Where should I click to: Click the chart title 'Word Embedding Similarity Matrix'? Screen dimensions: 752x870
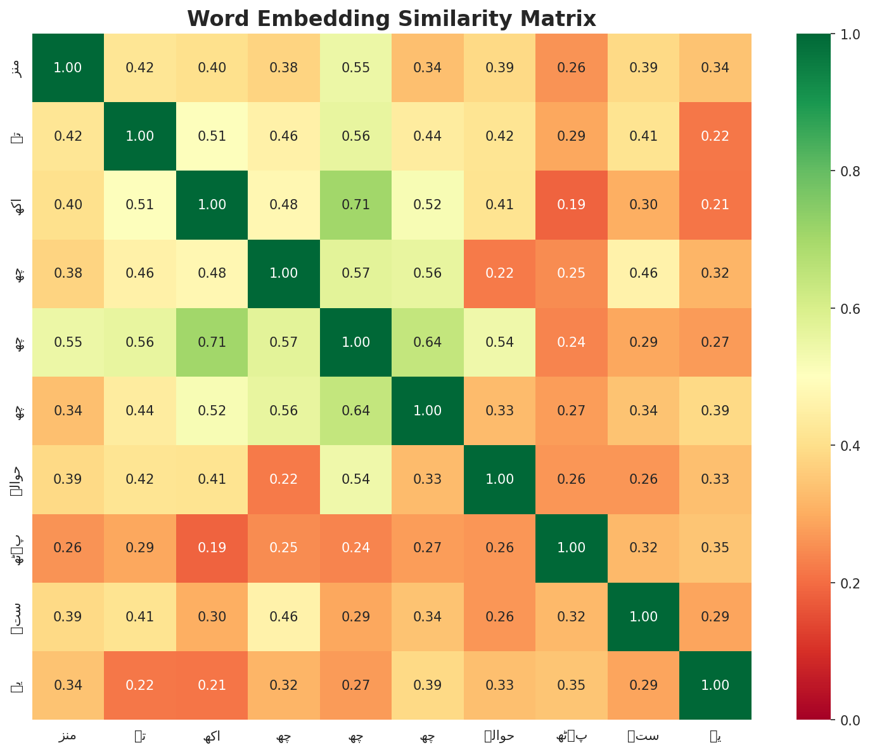tap(392, 19)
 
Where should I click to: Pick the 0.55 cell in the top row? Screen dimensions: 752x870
tap(355, 68)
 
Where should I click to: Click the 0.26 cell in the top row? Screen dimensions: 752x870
tap(572, 68)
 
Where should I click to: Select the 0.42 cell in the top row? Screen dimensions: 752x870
tap(140, 68)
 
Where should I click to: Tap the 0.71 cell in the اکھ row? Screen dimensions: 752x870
tap(355, 205)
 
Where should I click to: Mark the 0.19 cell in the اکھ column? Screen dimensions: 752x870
tap(212, 548)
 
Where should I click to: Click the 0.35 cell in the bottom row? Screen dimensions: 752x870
tap(572, 685)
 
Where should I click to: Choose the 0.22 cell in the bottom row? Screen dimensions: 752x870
tap(140, 685)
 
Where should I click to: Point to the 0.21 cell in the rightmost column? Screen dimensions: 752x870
tap(715, 205)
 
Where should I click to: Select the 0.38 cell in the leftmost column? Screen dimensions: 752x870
tap(68, 273)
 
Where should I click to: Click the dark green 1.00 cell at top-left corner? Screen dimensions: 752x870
tap(68, 68)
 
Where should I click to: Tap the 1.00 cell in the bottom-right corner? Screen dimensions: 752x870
tap(715, 685)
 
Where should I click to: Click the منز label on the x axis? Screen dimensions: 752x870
tap(68, 736)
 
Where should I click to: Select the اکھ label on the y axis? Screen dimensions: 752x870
tap(19, 205)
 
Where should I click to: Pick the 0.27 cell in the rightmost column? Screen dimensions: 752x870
tap(715, 342)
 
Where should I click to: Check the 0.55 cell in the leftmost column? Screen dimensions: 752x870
tap(68, 342)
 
